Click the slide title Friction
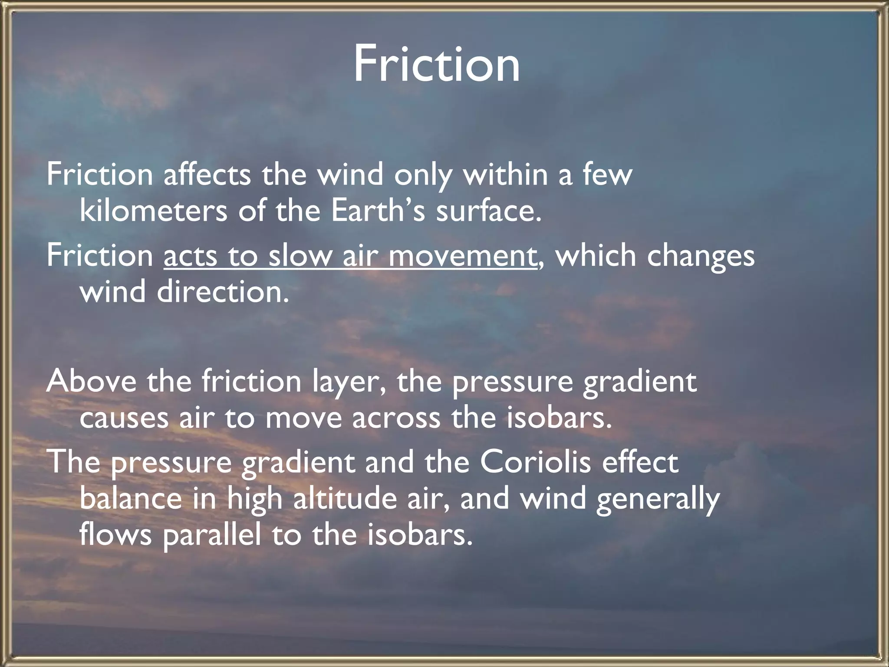click(x=436, y=64)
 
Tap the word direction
click(x=222, y=292)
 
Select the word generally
click(x=658, y=499)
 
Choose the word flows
click(x=115, y=535)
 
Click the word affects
click(x=207, y=175)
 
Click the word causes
click(x=124, y=419)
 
